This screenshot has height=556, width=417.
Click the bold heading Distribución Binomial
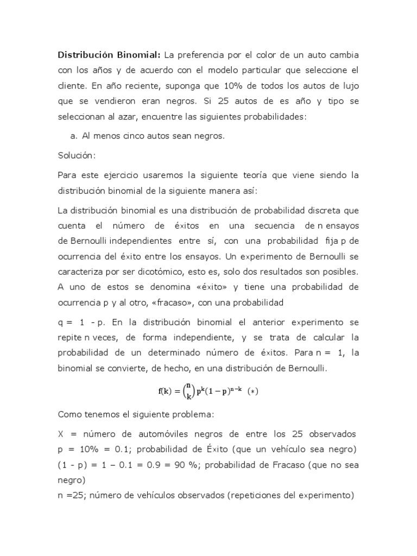click(109, 56)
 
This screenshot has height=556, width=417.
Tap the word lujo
click(347, 86)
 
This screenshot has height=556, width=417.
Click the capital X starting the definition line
click(61, 434)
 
